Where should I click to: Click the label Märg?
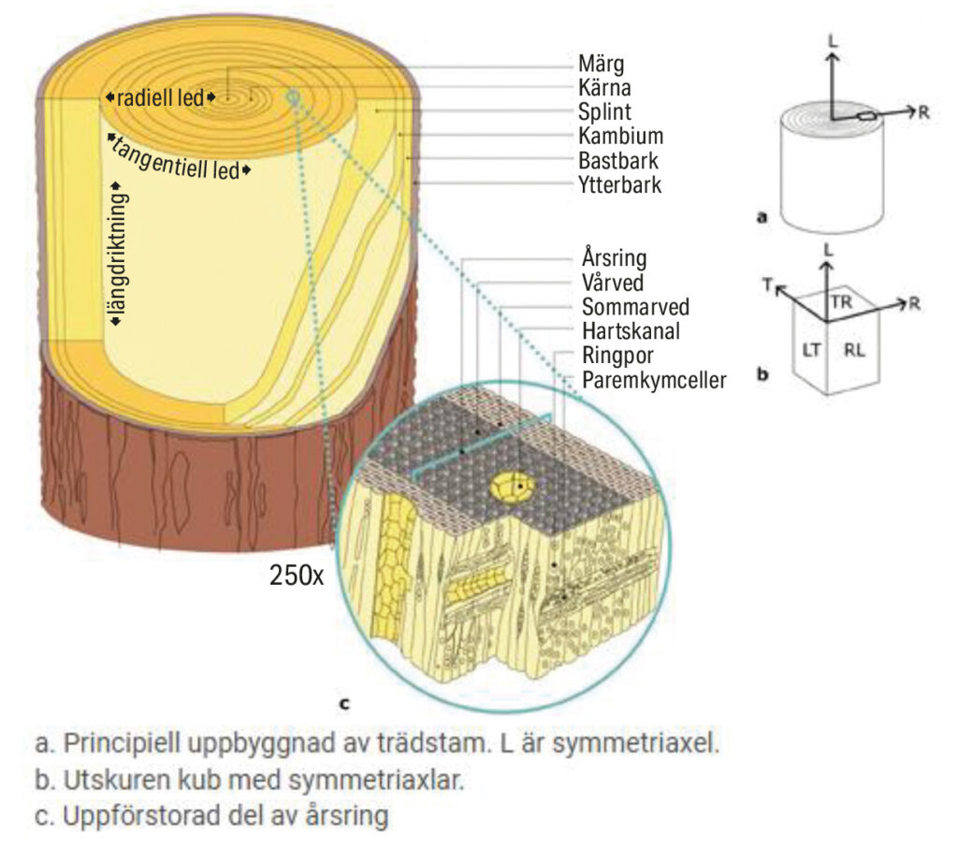pos(602,65)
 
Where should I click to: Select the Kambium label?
pos(620,136)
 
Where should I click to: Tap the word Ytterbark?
pos(619,184)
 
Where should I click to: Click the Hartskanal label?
pos(631,330)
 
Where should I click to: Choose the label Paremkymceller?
pos(654,380)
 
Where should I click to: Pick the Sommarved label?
pos(635,306)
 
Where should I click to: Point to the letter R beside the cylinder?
pos(922,112)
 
